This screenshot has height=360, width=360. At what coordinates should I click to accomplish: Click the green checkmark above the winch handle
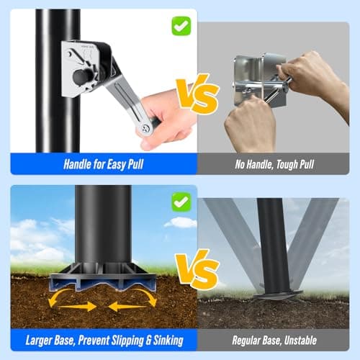tap(181, 26)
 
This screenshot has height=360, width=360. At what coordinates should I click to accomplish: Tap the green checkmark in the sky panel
tap(181, 202)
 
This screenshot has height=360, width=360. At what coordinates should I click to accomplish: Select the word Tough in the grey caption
tap(287, 164)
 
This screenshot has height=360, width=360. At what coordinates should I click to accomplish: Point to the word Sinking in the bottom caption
tap(168, 341)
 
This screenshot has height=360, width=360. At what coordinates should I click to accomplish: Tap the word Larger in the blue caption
tap(38, 340)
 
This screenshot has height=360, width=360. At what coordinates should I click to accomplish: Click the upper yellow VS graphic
tap(197, 94)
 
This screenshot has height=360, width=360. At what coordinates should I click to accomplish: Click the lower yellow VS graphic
tap(197, 269)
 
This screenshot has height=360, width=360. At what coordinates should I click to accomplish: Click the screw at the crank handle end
tap(145, 129)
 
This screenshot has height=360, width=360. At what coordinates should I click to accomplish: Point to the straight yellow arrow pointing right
tap(77, 307)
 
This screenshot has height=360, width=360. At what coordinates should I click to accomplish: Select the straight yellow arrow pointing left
tap(127, 307)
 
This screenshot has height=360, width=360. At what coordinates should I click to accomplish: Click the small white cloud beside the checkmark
tap(181, 222)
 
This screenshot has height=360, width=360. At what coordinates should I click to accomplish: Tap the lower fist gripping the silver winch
tap(250, 123)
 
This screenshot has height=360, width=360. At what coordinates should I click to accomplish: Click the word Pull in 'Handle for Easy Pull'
tap(135, 164)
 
